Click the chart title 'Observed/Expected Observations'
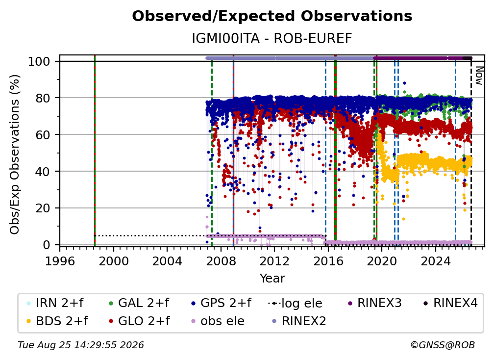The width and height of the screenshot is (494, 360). click(x=272, y=16)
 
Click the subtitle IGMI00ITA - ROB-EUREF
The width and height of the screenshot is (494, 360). click(x=272, y=39)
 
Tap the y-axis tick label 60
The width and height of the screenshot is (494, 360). click(x=43, y=135)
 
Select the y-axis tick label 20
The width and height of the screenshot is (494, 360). click(x=43, y=208)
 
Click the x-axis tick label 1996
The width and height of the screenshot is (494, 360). click(x=60, y=261)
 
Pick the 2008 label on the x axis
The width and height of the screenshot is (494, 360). click(x=221, y=261)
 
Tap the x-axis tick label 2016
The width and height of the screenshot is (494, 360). click(x=328, y=261)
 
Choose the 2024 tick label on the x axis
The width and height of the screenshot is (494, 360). click(x=435, y=261)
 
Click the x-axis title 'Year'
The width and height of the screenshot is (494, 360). click(x=272, y=279)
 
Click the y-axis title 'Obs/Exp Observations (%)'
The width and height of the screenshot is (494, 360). click(x=15, y=154)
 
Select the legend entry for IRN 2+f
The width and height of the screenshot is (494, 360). click(x=55, y=303)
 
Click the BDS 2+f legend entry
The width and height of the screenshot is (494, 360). click(x=58, y=321)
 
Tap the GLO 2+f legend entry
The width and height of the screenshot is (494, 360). click(x=139, y=321)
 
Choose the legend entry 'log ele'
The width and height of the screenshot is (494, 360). click(x=295, y=303)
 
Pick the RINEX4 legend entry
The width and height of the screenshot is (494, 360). click(x=450, y=303)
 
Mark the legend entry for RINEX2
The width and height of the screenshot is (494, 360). click(x=299, y=321)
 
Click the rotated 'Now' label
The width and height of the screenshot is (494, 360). click(x=479, y=76)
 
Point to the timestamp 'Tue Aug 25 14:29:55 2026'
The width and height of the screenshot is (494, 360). click(x=81, y=345)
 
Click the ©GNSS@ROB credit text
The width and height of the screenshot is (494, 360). click(x=443, y=345)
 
